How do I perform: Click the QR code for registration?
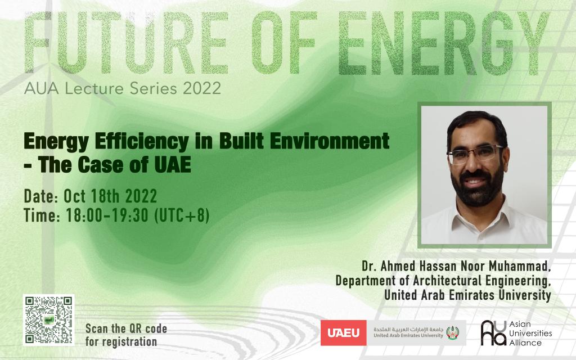48,320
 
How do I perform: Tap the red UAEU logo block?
344,333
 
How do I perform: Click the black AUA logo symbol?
493,333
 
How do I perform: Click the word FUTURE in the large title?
125,42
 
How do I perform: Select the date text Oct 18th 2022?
110,196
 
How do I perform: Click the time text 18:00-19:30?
107,215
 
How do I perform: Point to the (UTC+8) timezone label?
182,215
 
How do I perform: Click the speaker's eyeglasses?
475,154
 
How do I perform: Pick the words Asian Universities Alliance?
530,333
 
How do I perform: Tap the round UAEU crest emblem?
452,332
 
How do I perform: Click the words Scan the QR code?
127,328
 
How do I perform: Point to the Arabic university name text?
408,329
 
